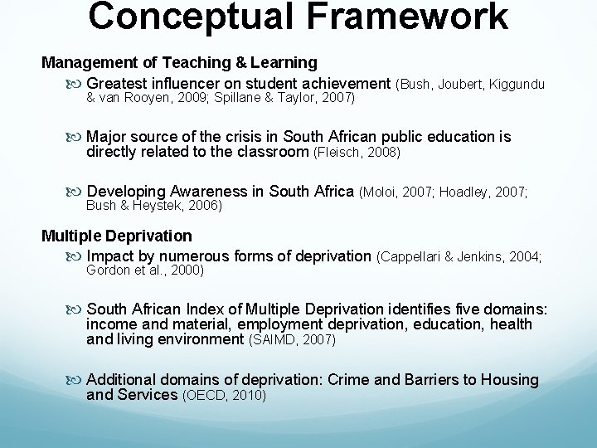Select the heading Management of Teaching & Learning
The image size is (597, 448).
[179, 62]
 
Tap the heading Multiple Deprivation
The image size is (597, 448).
[116, 236]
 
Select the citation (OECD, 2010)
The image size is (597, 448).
[223, 396]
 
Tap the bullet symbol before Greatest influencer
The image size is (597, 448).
[77, 84]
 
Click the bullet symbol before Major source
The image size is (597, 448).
[77, 137]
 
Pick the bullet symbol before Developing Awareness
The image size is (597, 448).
[77, 192]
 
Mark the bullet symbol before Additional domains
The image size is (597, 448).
[77, 380]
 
